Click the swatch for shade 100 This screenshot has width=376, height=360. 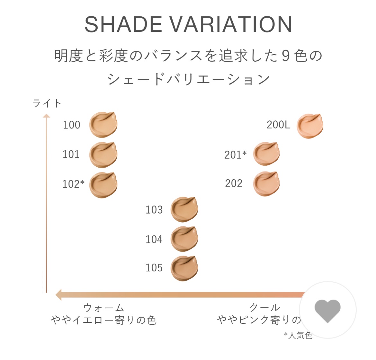[x=103, y=125]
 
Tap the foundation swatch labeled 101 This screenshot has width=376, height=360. [x=103, y=154]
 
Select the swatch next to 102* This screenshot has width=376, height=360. [x=103, y=185]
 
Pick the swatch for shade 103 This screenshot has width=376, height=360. [x=184, y=209]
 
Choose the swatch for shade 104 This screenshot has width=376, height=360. [x=184, y=239]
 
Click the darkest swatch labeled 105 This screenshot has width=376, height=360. [x=184, y=268]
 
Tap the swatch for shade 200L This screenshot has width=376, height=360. [x=310, y=126]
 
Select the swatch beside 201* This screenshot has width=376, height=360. [x=266, y=154]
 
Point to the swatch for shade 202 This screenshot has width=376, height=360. [x=266, y=184]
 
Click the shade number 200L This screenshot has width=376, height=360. [x=278, y=125]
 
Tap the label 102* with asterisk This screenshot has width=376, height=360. [x=73, y=184]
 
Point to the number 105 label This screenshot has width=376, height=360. [x=154, y=268]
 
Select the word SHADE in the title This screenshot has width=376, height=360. [x=123, y=24]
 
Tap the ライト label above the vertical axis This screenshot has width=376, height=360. [x=47, y=103]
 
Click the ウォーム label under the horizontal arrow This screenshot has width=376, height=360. [x=103, y=308]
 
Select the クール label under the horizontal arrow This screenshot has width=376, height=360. [x=265, y=308]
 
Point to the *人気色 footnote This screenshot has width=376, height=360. [x=298, y=335]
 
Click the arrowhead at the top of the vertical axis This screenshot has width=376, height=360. [x=46, y=116]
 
